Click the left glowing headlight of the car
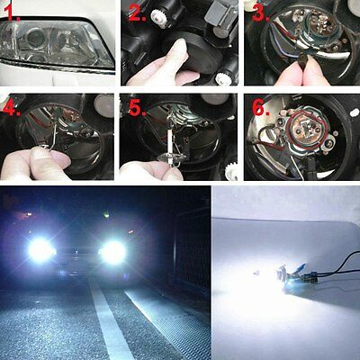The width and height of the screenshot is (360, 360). coord(40,251)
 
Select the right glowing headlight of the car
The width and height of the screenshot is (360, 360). coord(113,253)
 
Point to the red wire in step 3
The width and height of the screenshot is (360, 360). coord(271,45)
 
